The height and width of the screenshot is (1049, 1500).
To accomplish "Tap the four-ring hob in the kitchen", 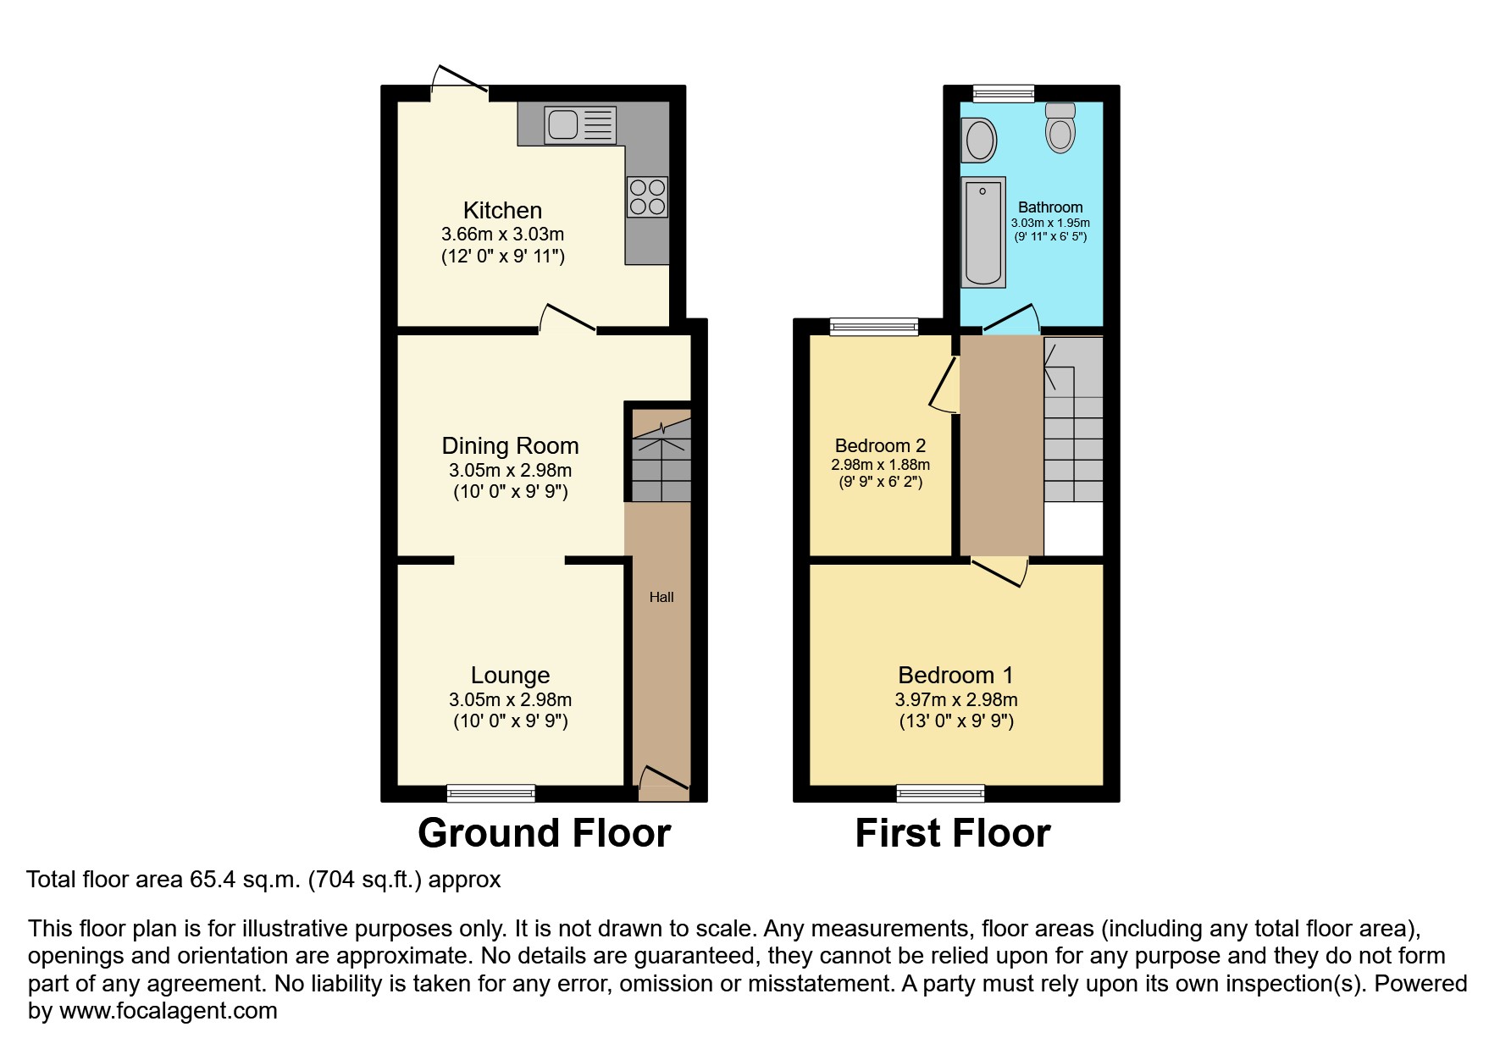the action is (x=648, y=196).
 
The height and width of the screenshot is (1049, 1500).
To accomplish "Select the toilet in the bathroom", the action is (x=1060, y=128).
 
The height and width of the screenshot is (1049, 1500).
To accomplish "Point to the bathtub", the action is (x=983, y=232).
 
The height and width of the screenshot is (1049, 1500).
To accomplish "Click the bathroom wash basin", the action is (x=979, y=140).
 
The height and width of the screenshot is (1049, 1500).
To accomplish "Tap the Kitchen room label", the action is (x=502, y=210).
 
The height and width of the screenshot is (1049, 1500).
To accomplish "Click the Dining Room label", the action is (x=511, y=446).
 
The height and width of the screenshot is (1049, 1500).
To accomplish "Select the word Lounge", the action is (x=511, y=676).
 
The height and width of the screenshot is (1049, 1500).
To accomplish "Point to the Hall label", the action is (x=661, y=597).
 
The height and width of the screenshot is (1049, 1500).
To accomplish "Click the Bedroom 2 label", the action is (x=880, y=446).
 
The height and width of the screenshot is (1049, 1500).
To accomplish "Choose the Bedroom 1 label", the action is (x=955, y=676).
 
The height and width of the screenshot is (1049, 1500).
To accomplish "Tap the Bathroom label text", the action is (x=1050, y=207).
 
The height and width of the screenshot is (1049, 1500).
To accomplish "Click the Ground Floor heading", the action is (x=545, y=833).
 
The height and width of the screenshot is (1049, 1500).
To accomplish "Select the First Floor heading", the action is (x=953, y=833).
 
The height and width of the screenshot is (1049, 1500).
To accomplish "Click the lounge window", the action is (x=491, y=793).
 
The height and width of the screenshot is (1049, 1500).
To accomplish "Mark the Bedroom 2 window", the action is (x=874, y=327).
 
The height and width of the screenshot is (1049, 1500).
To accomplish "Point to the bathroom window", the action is (x=1004, y=93).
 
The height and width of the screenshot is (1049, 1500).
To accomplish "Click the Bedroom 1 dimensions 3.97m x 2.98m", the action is (x=956, y=700).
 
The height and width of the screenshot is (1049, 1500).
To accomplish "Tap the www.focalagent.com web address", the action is (x=169, y=1011).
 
